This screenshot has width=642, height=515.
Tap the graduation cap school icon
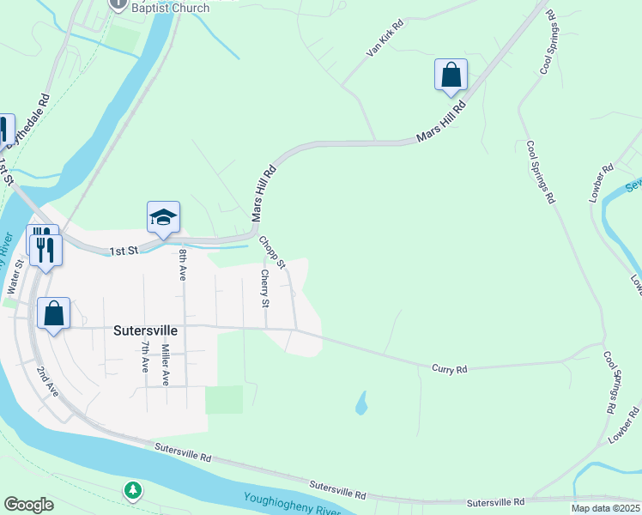click(x=162, y=218)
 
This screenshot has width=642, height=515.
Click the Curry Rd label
click(x=449, y=369)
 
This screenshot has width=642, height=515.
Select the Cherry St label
click(x=265, y=288)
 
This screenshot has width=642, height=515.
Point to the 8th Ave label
click(x=183, y=265)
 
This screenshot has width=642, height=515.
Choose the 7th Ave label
click(x=145, y=356)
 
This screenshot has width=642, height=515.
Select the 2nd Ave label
click(x=47, y=382)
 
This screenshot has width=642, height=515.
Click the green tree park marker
click(x=132, y=491)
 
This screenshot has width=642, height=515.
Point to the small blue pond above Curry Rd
click(x=361, y=402)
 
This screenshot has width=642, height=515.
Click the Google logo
click(x=28, y=505)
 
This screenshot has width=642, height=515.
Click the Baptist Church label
click(x=171, y=9)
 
